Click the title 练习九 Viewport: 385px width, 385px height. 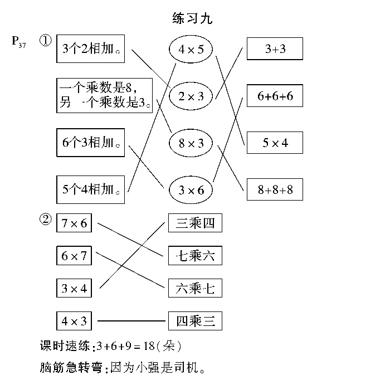tap(192, 18)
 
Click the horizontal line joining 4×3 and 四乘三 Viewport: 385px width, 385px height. tap(131, 321)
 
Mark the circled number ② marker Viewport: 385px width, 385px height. tap(46, 219)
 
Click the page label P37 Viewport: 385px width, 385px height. tap(18, 42)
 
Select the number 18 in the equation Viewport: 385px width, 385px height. tap(149, 346)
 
